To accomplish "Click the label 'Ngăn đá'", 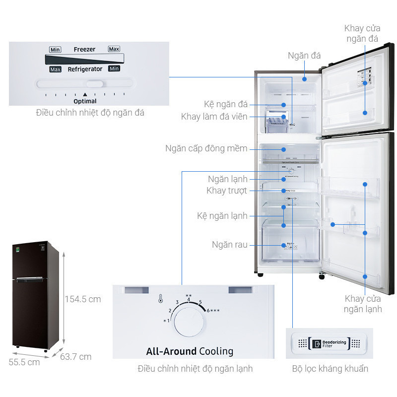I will point(304,56).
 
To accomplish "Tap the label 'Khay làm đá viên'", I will point(214,117).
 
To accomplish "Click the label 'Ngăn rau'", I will point(229,245).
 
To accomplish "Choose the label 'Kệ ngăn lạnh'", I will point(222,216).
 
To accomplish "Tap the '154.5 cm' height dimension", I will point(82,299).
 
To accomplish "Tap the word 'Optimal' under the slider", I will point(85,101).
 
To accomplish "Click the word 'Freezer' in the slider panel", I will point(84,50).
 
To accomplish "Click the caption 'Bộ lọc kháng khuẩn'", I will point(330,369).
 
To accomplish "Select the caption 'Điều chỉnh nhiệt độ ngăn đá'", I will point(90,113).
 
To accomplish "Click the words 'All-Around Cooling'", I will point(190,351).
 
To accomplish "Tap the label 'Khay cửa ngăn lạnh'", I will point(363,304).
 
